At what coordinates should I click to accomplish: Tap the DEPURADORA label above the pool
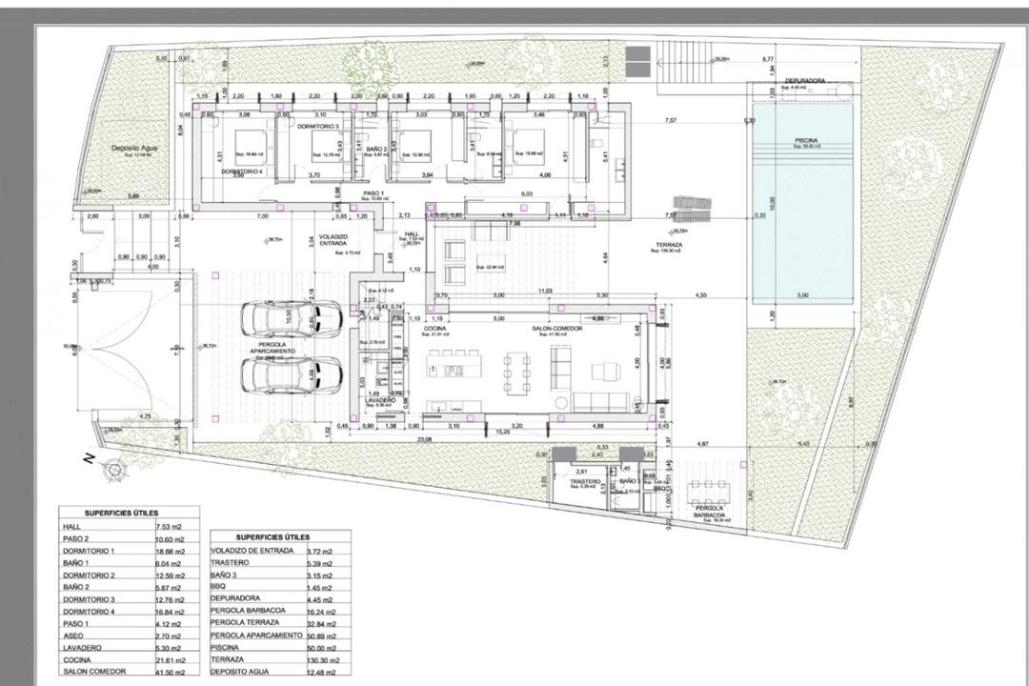pos(805,81)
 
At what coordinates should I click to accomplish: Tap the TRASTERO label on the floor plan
pos(585,482)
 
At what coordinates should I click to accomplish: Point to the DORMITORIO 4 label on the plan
pos(241,171)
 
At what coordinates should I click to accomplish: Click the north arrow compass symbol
pos(115,468)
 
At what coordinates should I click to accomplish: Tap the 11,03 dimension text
pos(545,290)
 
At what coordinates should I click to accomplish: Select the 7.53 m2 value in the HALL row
pos(171,524)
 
